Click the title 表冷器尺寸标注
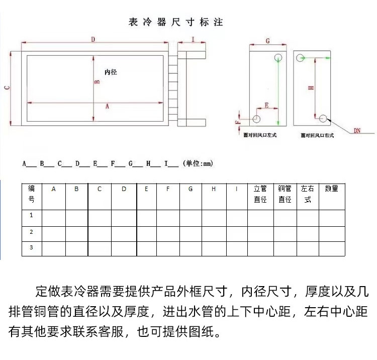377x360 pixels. [175, 22]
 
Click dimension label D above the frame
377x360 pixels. [93, 39]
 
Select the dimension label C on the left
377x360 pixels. [6, 88]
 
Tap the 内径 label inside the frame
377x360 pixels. [111, 72]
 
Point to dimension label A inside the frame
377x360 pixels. [107, 106]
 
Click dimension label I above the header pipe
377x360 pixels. [193, 39]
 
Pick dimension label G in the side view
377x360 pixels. [267, 40]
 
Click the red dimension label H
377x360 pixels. [311, 87]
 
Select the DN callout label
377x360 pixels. [357, 131]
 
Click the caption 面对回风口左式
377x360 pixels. [260, 135]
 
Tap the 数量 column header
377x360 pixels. [331, 189]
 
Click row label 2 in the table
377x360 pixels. [32, 232]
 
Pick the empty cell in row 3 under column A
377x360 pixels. [53, 248]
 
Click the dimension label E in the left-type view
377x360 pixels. [266, 105]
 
